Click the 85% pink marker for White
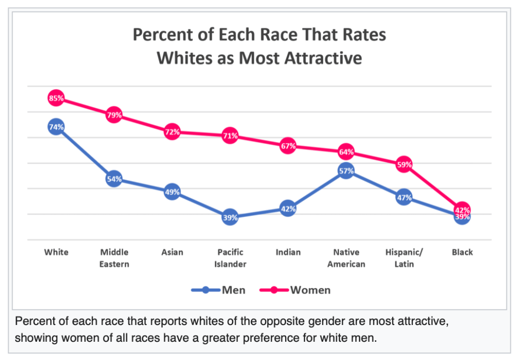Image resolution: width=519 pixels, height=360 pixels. (56, 98)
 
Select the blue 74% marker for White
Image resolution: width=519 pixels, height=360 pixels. (56, 127)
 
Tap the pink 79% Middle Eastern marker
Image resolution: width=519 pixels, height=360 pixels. (114, 115)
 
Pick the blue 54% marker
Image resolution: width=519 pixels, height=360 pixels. (114, 179)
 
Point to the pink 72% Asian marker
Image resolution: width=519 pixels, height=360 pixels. (172, 132)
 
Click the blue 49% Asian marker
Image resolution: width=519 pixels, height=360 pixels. (172, 192)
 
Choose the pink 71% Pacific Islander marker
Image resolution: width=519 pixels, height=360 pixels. (230, 135)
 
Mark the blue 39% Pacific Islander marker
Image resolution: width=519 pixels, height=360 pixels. (230, 217)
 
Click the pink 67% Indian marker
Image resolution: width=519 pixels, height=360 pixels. (288, 146)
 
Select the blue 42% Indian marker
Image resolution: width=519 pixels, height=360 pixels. (288, 208)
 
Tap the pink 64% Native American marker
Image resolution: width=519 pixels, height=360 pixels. (346, 152)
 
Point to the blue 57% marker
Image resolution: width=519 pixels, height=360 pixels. (346, 171)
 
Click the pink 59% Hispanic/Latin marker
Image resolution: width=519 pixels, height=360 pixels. (404, 164)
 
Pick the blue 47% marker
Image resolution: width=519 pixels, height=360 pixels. (404, 197)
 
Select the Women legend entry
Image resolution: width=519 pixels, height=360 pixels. (295, 290)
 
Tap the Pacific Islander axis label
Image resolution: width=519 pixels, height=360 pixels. (230, 258)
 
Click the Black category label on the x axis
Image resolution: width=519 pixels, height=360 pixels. (462, 252)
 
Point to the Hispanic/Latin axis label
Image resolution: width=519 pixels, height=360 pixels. (404, 258)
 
